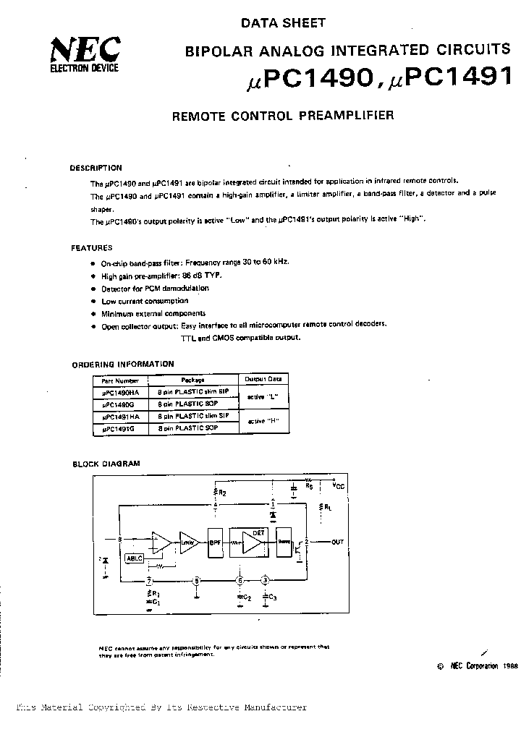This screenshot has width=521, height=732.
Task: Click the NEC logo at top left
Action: click(84, 52)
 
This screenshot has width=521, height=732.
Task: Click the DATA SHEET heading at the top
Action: click(283, 23)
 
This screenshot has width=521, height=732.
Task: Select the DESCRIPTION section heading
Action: click(96, 168)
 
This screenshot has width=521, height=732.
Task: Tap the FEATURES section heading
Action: click(91, 248)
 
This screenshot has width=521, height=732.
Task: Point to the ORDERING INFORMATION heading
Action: click(123, 365)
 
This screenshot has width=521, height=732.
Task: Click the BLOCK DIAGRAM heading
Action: click(106, 464)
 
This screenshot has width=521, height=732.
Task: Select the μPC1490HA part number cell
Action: click(121, 391)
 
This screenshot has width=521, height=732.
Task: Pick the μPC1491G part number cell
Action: click(119, 429)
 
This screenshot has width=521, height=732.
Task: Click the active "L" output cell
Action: click(263, 397)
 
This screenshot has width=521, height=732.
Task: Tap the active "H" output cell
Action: click(263, 422)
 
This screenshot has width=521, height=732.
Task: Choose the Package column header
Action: click(193, 379)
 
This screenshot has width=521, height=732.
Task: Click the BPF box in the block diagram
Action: click(215, 542)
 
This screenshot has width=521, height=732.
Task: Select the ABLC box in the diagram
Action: click(135, 558)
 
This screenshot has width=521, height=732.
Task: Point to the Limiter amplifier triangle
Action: click(187, 542)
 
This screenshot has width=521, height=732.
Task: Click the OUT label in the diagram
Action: click(338, 541)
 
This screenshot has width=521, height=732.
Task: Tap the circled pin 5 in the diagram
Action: click(197, 580)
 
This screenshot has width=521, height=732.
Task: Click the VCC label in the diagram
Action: click(338, 486)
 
